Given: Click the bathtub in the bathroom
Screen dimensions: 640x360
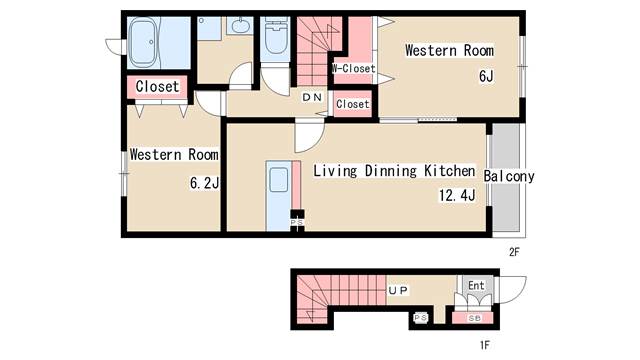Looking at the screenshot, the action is (x=143, y=42).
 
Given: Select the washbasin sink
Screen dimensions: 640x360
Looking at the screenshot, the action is (x=240, y=26).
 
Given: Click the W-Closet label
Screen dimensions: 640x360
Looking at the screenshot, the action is (x=353, y=69).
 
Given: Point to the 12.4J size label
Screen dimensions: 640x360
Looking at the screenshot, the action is (x=457, y=195).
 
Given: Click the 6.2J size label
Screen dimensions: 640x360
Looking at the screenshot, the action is (x=204, y=183).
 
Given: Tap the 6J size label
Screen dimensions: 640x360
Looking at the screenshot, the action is (x=486, y=76).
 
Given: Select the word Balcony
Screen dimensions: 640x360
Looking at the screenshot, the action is (x=509, y=176).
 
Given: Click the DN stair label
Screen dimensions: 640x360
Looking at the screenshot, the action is (x=312, y=97).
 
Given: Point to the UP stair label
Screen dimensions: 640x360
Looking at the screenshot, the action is (x=398, y=290).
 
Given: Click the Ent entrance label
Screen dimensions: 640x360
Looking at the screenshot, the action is (x=476, y=285).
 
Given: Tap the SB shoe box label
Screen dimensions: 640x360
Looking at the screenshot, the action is (x=475, y=318).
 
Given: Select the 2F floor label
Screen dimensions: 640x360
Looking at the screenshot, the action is (x=514, y=252).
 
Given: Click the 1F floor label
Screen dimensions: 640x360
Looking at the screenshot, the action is (x=484, y=345).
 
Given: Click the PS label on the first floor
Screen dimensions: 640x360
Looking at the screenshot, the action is (x=420, y=318).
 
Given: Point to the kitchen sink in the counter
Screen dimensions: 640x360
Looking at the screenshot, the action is (x=278, y=180).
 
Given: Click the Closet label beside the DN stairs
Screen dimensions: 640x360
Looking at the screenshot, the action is (x=353, y=104).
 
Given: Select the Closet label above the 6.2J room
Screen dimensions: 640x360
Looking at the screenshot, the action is (x=157, y=87).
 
